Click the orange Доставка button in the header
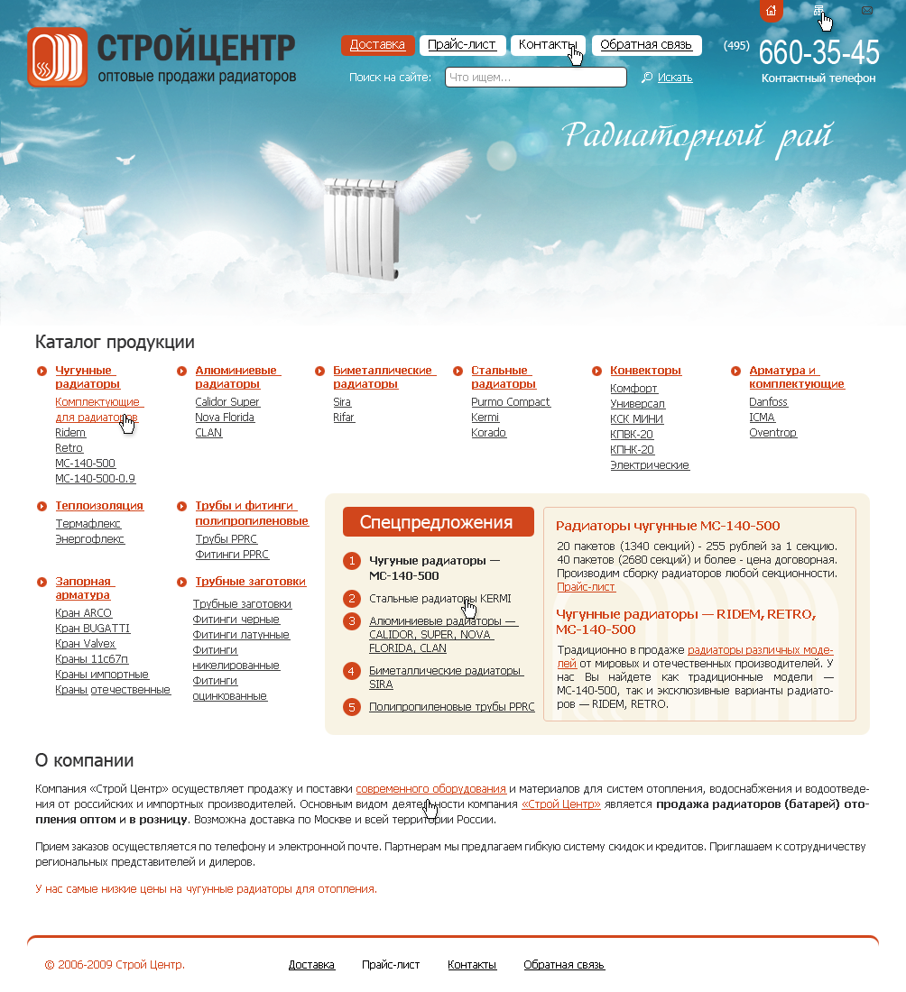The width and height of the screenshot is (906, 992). tap(377, 45)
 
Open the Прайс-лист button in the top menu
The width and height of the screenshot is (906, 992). tap(462, 45)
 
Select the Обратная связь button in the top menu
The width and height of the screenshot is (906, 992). tap(645, 45)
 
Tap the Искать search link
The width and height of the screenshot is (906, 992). tap(674, 78)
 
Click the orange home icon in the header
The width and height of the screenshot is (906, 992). tap(771, 11)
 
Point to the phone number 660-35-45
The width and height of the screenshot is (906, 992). tap(818, 53)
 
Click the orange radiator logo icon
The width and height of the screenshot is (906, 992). tap(57, 57)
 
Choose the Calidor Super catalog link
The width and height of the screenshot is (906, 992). tap(227, 402)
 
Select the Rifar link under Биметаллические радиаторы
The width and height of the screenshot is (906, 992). tap(344, 418)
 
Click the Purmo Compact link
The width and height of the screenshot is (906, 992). tap(511, 402)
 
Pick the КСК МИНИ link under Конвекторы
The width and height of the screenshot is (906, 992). tap(636, 419)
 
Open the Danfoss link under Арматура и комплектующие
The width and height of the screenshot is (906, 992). tap(768, 402)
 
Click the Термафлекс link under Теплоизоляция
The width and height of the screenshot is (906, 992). tap(88, 524)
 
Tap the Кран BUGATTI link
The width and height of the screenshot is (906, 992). tap(92, 629)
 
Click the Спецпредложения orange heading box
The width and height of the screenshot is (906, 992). tap(438, 522)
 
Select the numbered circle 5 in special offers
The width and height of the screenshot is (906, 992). tap(352, 707)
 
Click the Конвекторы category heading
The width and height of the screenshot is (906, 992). tap(645, 371)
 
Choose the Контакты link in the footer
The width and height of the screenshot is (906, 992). tap(472, 965)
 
